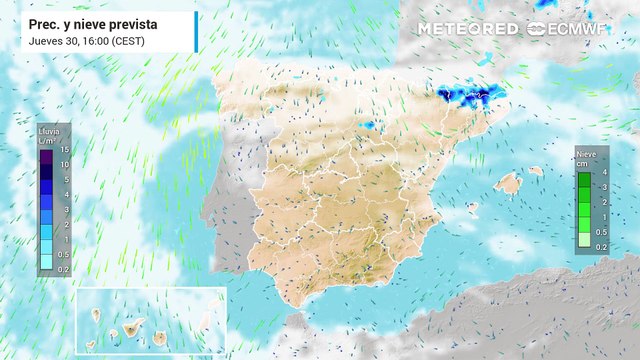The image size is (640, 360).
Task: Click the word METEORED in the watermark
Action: tap(468, 29)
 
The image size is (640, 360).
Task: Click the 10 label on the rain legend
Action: tap(62, 164)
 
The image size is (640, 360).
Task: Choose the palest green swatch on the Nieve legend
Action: tap(585, 240)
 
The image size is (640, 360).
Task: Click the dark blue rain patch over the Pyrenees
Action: tap(463, 96)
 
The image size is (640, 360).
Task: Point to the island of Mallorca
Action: tap(509, 184)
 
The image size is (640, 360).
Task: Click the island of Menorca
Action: tap(537, 170)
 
